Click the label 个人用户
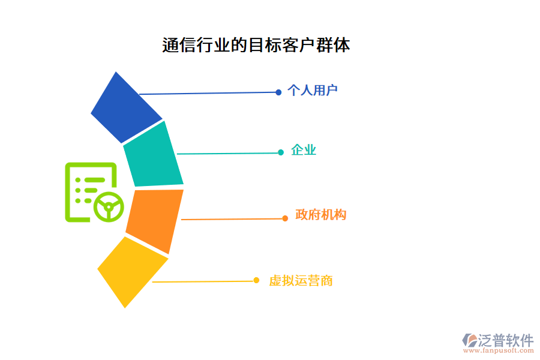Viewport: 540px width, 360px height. tap(312, 91)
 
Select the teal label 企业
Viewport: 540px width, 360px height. tap(304, 151)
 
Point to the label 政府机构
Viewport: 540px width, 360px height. tap(320, 215)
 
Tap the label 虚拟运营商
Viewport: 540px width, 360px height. tap(301, 280)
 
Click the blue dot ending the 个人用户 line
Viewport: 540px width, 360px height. tap(278, 92)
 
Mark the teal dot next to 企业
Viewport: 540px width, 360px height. tap(281, 152)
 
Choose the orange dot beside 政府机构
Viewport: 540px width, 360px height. tap(285, 218)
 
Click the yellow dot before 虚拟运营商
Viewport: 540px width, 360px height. tap(256, 280)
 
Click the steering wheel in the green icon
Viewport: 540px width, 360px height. tap(109, 207)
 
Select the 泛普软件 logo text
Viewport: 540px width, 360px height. tap(506, 341)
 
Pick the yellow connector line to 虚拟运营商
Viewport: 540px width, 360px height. tap(204, 281)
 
